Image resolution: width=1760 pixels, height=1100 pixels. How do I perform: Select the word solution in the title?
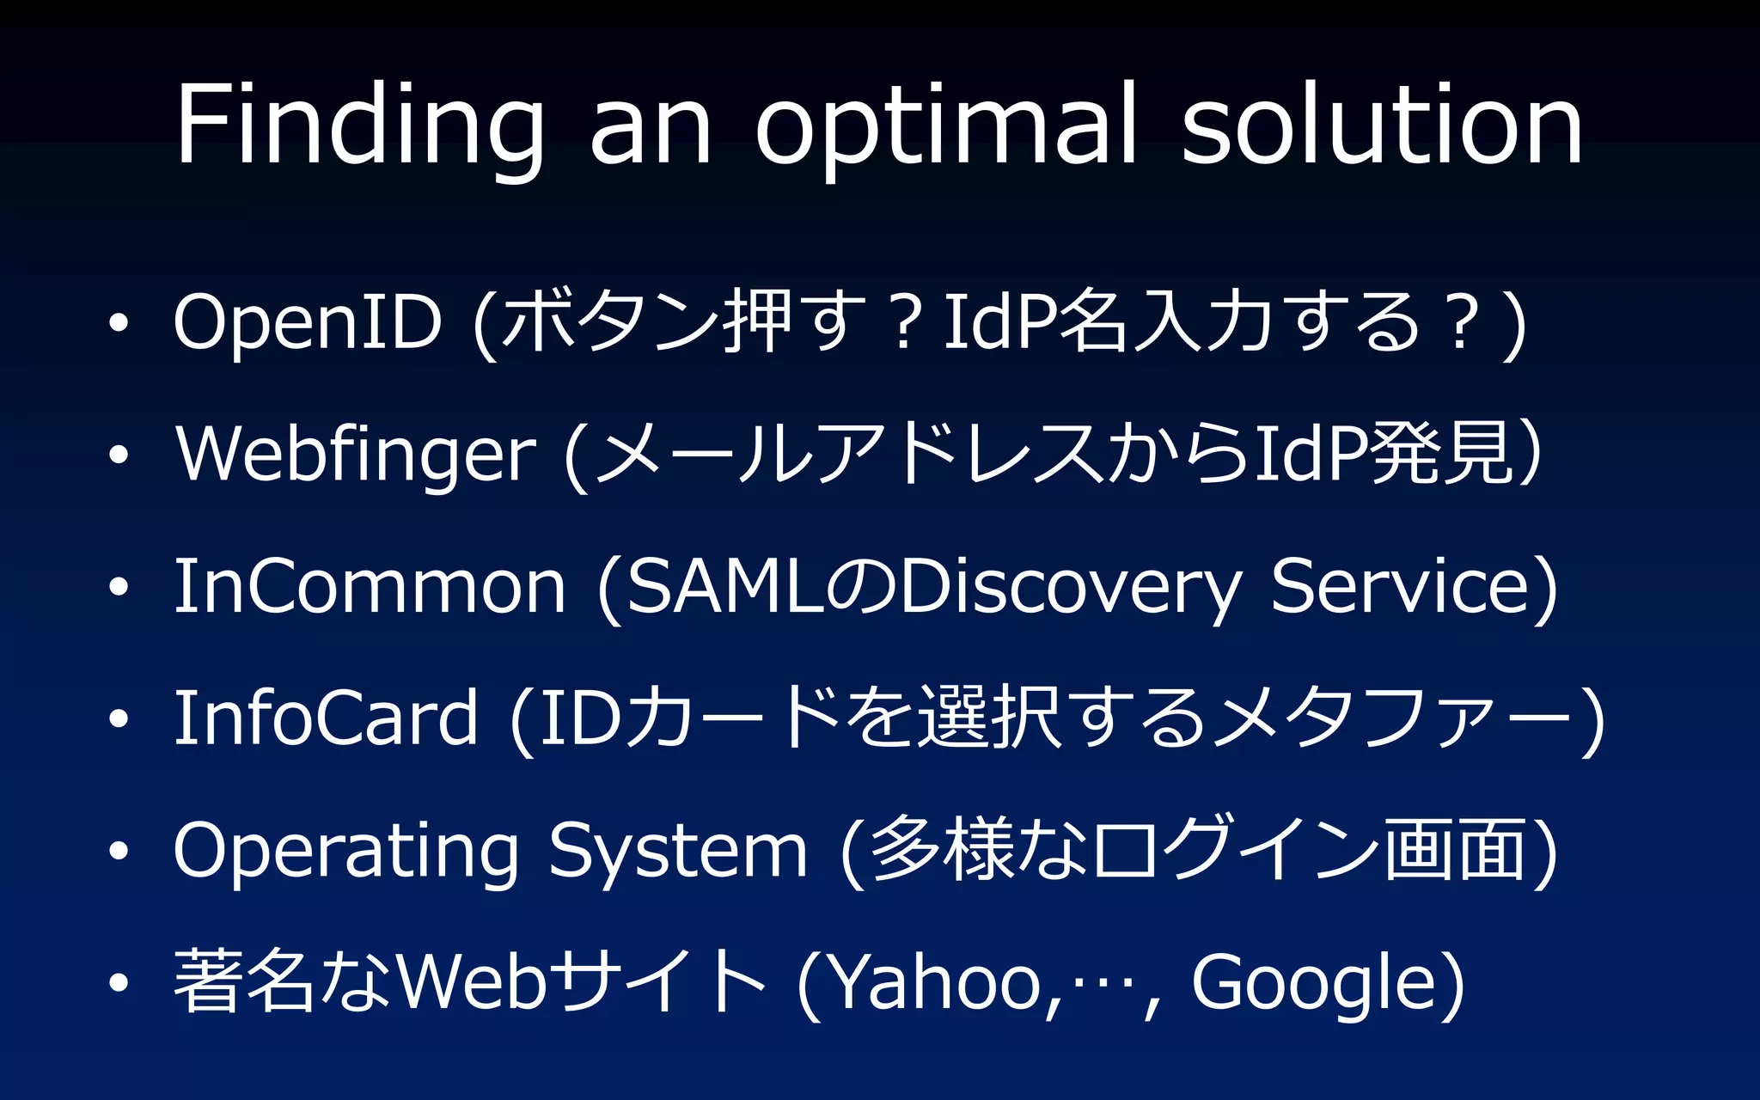[1382, 125]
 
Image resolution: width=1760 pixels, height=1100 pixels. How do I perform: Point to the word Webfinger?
[356, 455]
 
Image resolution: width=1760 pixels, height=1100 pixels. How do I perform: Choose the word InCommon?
[370, 587]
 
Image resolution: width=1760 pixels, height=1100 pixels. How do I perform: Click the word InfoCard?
[325, 718]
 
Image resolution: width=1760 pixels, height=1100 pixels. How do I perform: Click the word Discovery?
[1071, 590]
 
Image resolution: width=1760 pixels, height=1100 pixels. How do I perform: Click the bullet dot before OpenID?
[119, 324]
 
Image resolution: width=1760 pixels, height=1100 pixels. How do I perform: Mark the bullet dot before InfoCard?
[119, 718]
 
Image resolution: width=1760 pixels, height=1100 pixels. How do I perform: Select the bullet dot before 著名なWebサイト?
[119, 982]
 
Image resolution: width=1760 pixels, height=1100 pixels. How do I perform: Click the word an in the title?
[650, 129]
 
